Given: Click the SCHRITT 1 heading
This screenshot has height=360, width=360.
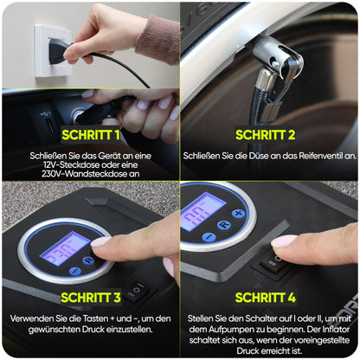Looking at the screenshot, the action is click(x=91, y=135).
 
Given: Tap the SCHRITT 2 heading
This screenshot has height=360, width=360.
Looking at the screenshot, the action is click(x=266, y=135).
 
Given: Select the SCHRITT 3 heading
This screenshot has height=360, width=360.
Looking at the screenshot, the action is click(x=91, y=298).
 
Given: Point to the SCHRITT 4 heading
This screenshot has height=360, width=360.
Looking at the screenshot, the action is click(x=266, y=298).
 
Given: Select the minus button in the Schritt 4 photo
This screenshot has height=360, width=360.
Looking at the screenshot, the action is click(x=209, y=237).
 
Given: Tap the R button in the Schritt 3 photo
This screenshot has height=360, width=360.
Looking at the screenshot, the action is click(x=88, y=260).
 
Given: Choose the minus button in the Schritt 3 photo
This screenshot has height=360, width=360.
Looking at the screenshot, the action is click(x=75, y=271).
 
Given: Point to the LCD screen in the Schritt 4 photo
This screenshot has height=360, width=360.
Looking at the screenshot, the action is click(x=202, y=211).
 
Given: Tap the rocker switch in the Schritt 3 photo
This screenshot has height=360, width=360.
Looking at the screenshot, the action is click(x=136, y=289).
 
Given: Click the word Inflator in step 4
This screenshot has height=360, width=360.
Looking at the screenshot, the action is click(x=336, y=329).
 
